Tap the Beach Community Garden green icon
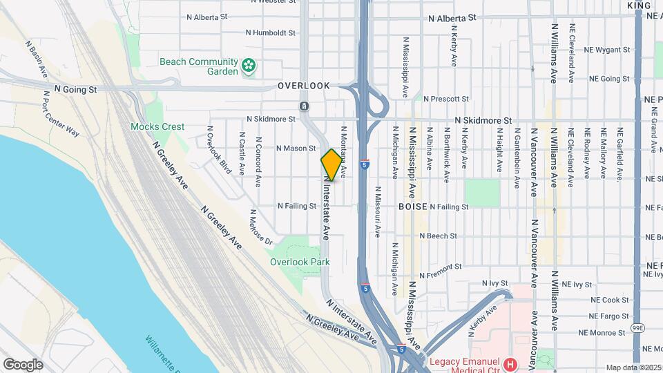pos(249,66)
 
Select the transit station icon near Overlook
pos(304,106)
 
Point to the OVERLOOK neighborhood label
pos(304,86)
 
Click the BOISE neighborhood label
pos(412,206)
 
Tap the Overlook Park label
pos(300,262)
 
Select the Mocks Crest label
pos(158,126)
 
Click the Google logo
pos(23,364)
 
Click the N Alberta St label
pos(452,18)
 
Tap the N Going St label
pos(75,89)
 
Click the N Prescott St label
pos(446,99)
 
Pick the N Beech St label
pos(438,236)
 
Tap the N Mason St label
pos(296,148)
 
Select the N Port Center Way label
pos(61,119)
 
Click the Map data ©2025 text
pos(633,367)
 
